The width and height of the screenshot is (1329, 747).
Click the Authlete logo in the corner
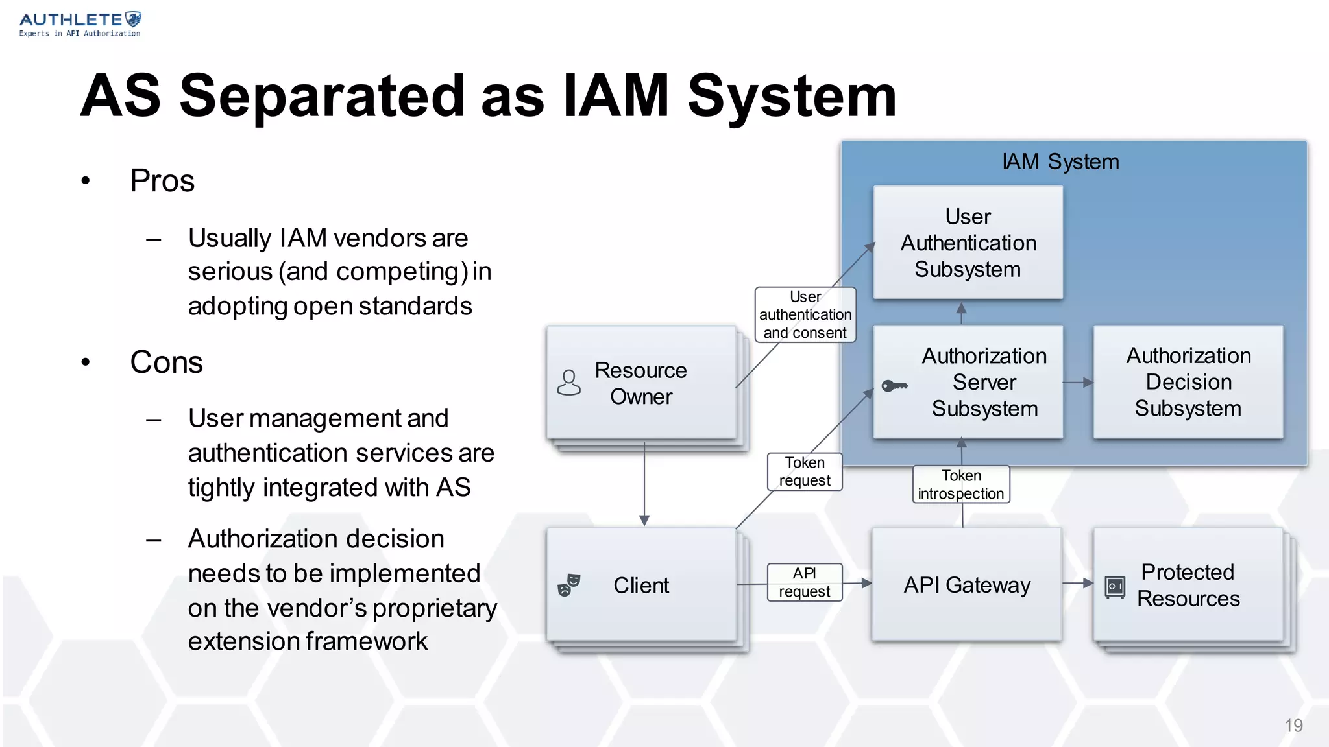[79, 24]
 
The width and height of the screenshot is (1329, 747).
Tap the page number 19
[1293, 726]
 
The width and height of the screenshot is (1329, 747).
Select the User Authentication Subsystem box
[968, 243]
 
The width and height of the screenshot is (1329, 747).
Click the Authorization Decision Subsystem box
[1188, 382]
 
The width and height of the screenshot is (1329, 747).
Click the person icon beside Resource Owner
[568, 383]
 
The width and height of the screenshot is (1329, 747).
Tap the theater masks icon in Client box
[568, 585]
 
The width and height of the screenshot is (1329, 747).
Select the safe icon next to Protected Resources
[1114, 587]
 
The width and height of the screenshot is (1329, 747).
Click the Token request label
[804, 471]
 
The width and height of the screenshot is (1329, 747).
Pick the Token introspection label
[960, 484]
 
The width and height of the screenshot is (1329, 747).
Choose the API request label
[804, 582]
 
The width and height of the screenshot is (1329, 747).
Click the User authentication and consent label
[805, 314]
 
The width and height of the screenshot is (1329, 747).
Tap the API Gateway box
[966, 585]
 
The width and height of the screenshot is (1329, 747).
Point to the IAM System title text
[1060, 161]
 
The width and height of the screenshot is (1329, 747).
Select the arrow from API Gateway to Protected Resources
[1078, 583]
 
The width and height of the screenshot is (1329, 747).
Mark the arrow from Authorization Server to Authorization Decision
[1078, 383]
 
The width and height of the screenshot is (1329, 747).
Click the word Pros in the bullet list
[162, 180]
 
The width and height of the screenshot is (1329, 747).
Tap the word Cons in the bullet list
[166, 362]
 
